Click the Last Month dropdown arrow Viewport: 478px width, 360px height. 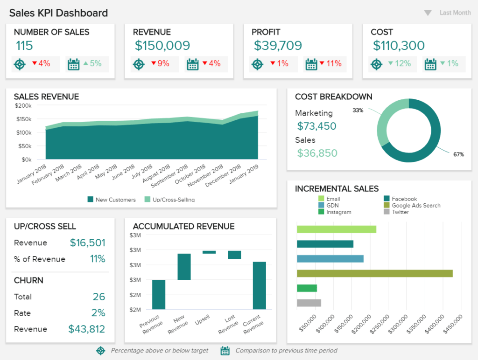[x=428, y=13]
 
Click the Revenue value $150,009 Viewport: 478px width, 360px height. [x=162, y=46]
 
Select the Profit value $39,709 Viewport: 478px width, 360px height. [x=278, y=46]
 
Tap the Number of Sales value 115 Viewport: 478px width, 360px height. [x=24, y=46]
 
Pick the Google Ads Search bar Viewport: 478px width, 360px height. [x=374, y=273]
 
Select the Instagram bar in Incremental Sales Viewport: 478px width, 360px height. [x=307, y=288]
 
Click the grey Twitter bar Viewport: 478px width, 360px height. [x=309, y=303]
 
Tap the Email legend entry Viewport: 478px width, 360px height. [x=333, y=199]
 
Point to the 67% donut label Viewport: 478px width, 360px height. [x=458, y=154]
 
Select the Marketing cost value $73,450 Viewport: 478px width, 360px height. [x=316, y=126]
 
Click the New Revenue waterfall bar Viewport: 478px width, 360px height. [x=184, y=267]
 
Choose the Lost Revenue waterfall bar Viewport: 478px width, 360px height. [x=234, y=255]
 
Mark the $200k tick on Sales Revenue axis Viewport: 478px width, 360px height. [x=23, y=106]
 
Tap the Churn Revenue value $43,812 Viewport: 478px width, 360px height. [x=86, y=329]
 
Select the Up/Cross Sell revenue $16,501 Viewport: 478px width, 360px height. [x=87, y=243]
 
